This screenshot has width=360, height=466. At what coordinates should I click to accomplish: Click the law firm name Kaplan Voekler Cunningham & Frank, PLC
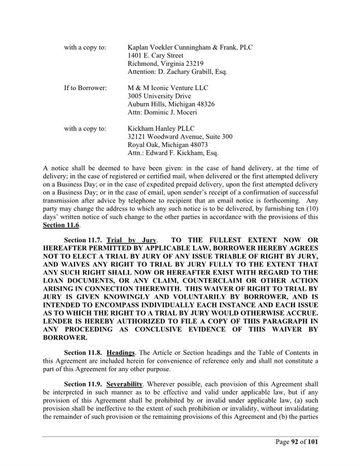pyautogui.click(x=190, y=47)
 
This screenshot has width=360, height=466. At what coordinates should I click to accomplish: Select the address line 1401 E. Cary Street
pyautogui.click(x=155, y=55)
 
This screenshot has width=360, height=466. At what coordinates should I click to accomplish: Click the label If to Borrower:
pyautogui.click(x=85, y=88)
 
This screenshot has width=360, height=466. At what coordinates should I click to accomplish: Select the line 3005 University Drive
pyautogui.click(x=159, y=96)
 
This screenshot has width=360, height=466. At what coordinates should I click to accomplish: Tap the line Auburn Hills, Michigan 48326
pyautogui.click(x=171, y=104)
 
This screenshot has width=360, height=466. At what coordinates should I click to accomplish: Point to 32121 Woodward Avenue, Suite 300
pyautogui.click(x=180, y=137)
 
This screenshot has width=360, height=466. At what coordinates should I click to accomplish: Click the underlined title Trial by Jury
pyautogui.click(x=131, y=240)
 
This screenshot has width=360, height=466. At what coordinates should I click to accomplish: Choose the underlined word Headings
pyautogui.click(x=121, y=353)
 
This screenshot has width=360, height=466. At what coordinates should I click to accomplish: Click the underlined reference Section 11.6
pyautogui.click(x=62, y=225)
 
